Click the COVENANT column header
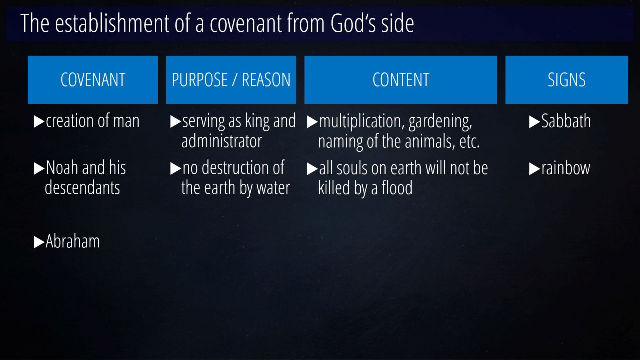click(x=93, y=80)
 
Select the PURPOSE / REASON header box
click(x=231, y=80)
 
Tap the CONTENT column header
click(x=401, y=80)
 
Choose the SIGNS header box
click(x=567, y=80)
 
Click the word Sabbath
click(x=566, y=121)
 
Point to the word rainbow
click(x=566, y=168)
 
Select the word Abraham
click(x=73, y=241)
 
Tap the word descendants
click(x=82, y=187)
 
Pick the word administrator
click(x=221, y=141)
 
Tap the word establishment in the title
click(x=112, y=23)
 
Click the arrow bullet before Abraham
click(x=39, y=242)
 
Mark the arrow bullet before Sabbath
click(x=534, y=122)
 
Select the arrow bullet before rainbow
click(x=534, y=169)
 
